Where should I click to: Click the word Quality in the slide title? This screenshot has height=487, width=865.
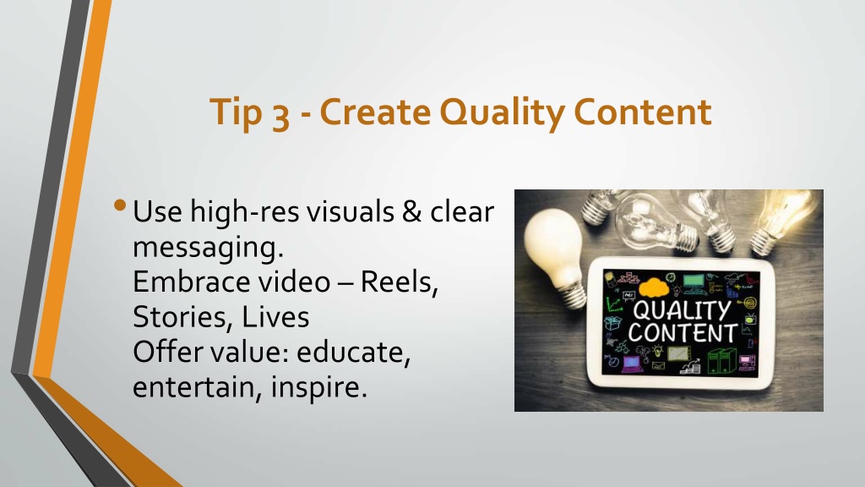tap(502, 112)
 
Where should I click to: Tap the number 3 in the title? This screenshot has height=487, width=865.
tap(280, 115)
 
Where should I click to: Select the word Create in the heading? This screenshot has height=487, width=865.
tap(375, 112)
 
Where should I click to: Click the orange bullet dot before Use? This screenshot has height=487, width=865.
tap(120, 205)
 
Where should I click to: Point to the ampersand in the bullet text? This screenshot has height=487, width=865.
tap(411, 211)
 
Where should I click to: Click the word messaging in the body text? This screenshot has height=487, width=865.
tap(208, 248)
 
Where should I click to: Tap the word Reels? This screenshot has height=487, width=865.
tap(399, 282)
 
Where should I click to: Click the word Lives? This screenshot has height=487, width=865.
tap(275, 317)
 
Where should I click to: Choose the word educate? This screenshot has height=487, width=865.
tap(354, 353)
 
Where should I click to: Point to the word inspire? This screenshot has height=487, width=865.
tap(318, 387)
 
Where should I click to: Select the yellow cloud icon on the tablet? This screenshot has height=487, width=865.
tap(654, 287)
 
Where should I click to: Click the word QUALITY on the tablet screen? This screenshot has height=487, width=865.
tap(682, 310)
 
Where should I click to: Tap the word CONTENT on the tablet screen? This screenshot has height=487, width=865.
tap(683, 333)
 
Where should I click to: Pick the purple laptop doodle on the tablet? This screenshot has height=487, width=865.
tap(632, 364)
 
